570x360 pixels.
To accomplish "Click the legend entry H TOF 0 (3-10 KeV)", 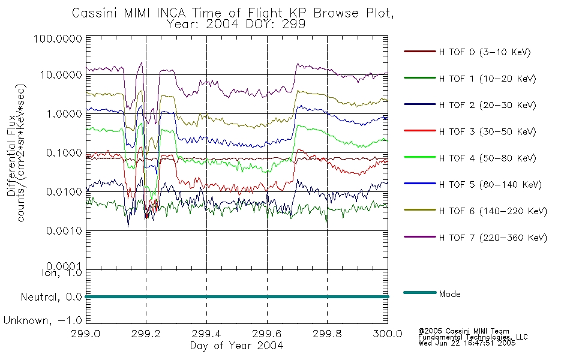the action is [485, 52].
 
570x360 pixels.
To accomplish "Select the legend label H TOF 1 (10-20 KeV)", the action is [487, 79].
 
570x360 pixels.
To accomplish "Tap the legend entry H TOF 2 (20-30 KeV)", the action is [487, 105].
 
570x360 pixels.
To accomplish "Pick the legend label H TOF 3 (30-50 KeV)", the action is [487, 131].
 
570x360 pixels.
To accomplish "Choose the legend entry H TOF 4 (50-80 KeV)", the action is [487, 158].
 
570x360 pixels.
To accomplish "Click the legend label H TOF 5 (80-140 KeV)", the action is [490, 185].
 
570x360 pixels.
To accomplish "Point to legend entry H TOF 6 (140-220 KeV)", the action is [493, 211].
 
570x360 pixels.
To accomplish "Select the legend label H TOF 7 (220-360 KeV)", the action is [493, 238].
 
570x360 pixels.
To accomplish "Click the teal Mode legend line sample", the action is [420, 292].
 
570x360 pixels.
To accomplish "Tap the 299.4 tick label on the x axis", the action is [206, 334].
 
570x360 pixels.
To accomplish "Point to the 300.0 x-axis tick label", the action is [388, 334].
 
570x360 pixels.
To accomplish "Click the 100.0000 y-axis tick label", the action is [58, 38].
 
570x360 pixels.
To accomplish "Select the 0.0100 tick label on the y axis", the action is [64, 191].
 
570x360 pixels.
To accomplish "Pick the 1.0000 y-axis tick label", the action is [64, 114].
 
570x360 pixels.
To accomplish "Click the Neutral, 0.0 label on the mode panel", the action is [51, 297].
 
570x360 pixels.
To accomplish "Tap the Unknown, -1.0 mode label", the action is [43, 320].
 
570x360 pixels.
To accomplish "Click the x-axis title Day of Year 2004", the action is [236, 346].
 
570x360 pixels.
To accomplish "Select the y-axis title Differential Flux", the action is [11, 155].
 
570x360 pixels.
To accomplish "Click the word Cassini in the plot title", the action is [95, 13].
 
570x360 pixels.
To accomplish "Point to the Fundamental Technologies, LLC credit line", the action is [473, 337].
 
